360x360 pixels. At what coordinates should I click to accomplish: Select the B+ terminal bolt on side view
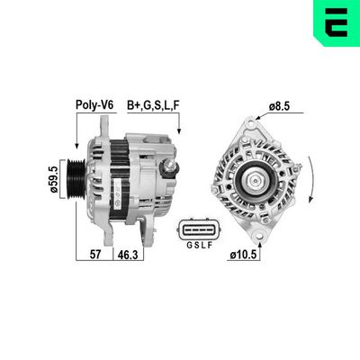click(x=167, y=168)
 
